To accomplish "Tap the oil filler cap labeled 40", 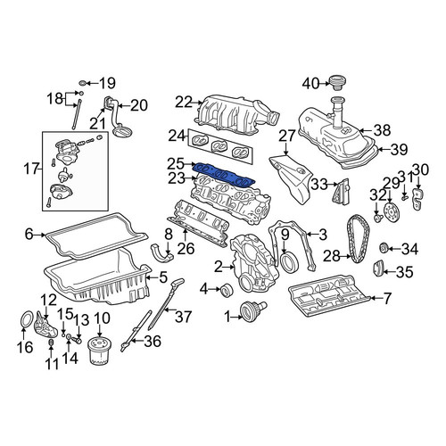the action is [x=338, y=83].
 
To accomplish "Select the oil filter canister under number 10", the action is [x=99, y=351].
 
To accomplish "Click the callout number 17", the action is [x=31, y=169].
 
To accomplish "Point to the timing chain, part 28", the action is [x=358, y=239].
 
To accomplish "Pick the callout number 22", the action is [x=184, y=103].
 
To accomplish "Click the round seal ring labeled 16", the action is [x=27, y=321].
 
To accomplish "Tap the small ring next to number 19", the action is [x=83, y=83].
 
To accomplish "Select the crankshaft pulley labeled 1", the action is [x=253, y=310].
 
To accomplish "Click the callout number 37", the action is [x=183, y=317].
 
